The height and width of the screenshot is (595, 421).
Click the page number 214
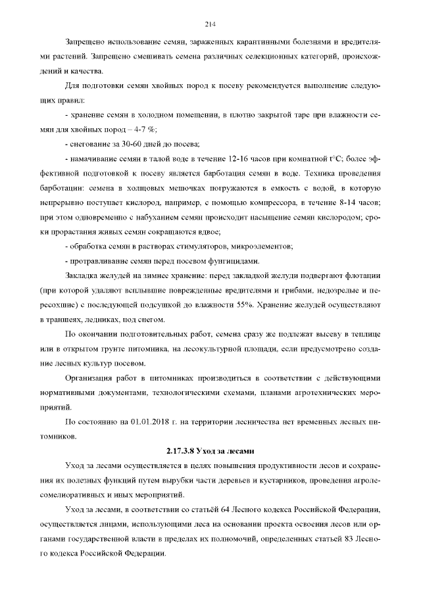click(210, 24)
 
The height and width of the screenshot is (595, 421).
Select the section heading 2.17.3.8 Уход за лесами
click(210, 451)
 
